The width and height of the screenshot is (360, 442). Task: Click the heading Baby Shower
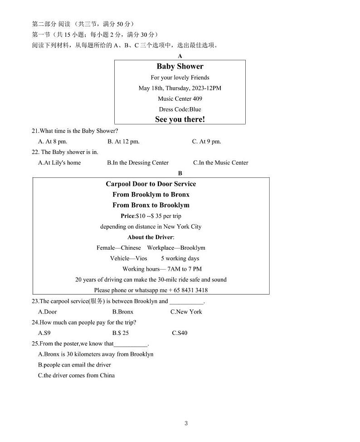tap(180, 66)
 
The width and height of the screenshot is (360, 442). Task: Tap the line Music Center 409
tap(180, 98)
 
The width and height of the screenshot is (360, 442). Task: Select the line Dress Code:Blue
tap(180, 109)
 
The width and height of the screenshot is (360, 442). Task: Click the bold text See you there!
tap(180, 119)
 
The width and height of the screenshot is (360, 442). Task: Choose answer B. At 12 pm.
tap(123, 142)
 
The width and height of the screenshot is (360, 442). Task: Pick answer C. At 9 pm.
tap(206, 142)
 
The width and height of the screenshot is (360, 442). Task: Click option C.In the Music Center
tap(220, 162)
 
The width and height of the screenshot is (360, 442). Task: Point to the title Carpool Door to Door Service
tap(151, 184)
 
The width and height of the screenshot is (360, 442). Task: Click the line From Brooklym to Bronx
tap(151, 194)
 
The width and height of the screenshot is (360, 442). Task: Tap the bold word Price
tap(128, 216)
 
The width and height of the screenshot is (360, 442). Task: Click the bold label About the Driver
tap(150, 237)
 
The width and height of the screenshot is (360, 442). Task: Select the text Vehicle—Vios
tap(126, 258)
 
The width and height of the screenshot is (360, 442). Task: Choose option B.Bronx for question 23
tap(123, 312)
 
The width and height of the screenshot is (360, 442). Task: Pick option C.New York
tap(186, 312)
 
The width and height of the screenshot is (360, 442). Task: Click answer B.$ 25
tap(121, 333)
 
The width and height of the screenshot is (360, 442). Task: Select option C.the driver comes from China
tap(76, 375)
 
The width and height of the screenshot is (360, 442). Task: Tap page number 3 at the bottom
tap(186, 423)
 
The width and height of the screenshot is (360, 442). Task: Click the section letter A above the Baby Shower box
tap(180, 56)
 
